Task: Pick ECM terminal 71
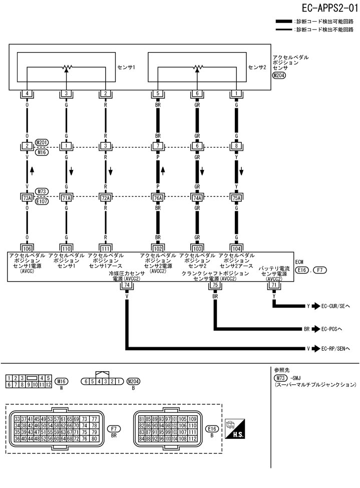click(x=274, y=285)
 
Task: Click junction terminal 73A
click(x=27, y=198)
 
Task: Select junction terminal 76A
click(x=158, y=198)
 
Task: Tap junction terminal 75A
click(x=236, y=198)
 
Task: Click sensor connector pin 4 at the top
click(x=27, y=94)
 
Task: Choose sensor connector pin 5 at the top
click(x=158, y=94)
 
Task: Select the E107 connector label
click(x=42, y=201)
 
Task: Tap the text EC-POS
click(x=332, y=329)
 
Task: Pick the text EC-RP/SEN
click(x=336, y=348)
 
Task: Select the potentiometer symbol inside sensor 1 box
click(x=66, y=67)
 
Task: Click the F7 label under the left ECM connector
click(x=114, y=429)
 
